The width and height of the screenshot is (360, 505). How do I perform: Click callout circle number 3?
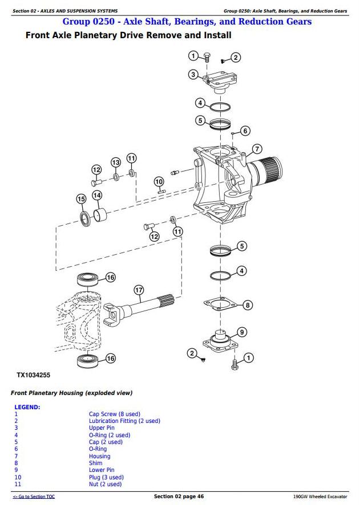tap(193, 75)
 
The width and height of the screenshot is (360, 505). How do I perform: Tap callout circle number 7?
tap(257, 149)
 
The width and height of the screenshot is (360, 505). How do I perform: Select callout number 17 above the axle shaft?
tap(139, 290)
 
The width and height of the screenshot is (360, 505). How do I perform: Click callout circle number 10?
tap(159, 182)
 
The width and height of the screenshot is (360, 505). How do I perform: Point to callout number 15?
tap(82, 199)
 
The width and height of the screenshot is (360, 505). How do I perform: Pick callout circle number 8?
tap(248, 305)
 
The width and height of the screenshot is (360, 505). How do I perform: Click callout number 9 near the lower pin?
tap(242, 332)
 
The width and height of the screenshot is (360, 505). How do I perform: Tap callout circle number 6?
tap(245, 131)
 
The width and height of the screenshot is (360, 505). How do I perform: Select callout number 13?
tap(116, 162)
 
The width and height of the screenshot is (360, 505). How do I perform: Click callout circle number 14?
tap(97, 196)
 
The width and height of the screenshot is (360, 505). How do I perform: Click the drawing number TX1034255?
tap(33, 376)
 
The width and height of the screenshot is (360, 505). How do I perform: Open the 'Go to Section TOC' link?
tap(34, 497)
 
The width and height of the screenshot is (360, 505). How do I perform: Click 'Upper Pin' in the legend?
tap(102, 428)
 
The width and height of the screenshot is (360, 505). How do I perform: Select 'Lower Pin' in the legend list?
tap(102, 470)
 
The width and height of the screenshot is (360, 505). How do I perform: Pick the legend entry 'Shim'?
tap(95, 463)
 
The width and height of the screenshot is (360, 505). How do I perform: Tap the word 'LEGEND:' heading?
tap(27, 408)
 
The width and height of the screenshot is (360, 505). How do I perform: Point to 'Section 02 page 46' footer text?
tap(179, 497)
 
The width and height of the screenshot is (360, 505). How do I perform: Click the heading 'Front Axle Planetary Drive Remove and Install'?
tap(128, 35)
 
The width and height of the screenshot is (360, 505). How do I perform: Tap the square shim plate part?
tap(219, 304)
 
